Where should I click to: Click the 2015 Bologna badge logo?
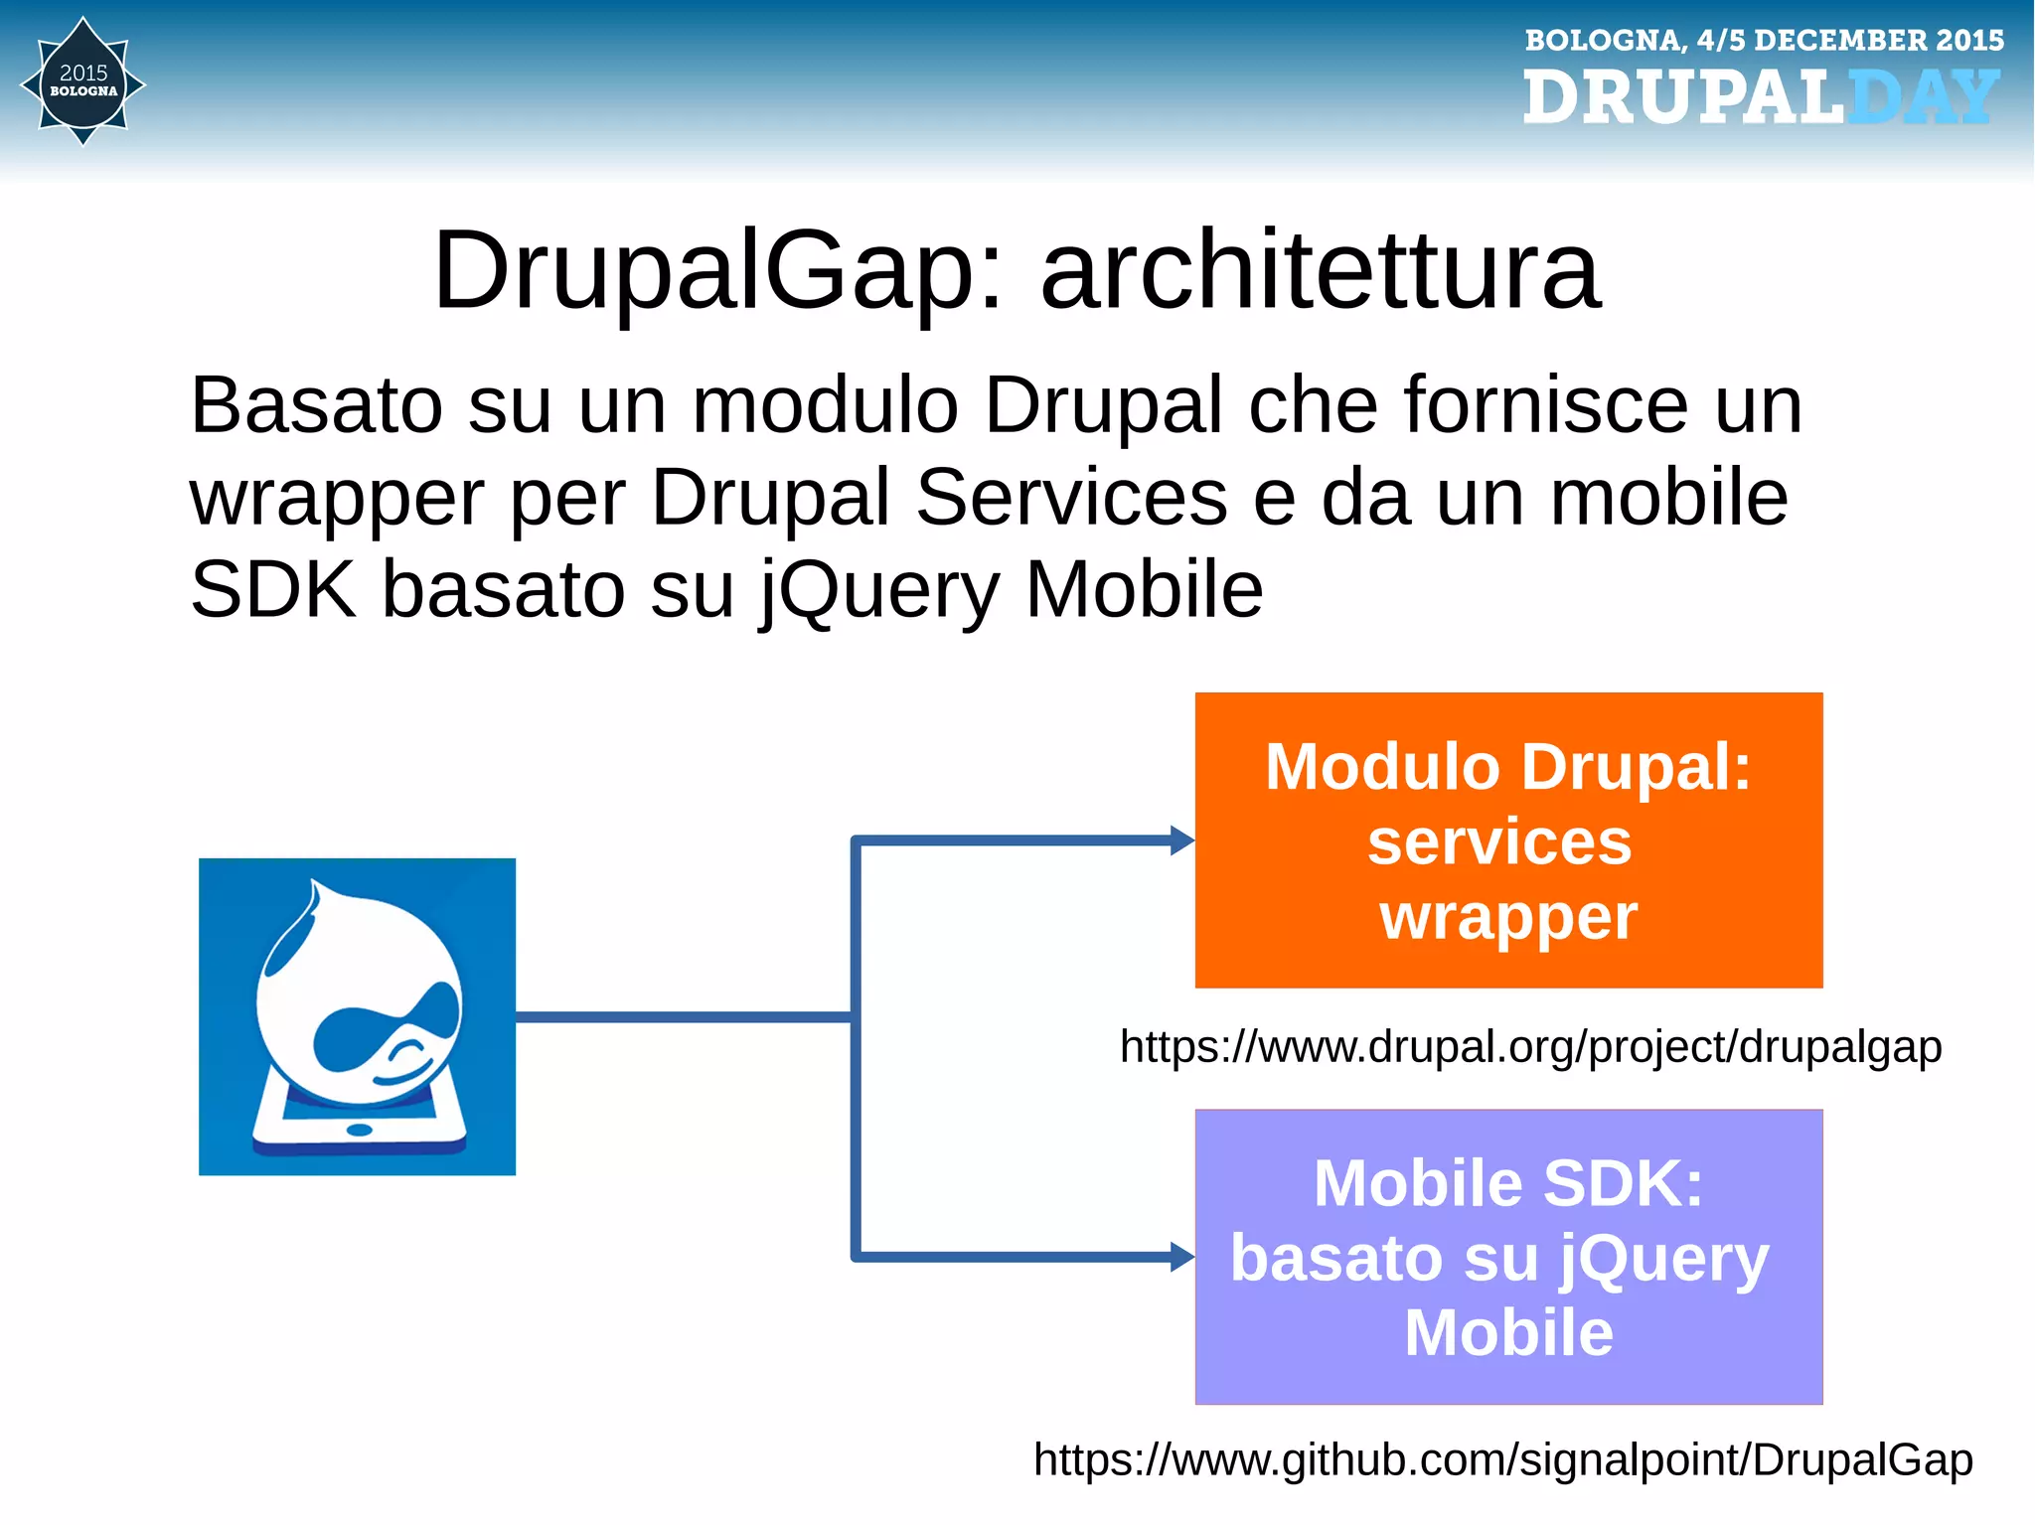click(x=83, y=82)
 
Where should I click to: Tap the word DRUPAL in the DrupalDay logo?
click(x=1682, y=98)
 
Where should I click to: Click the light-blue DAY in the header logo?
click(x=1923, y=98)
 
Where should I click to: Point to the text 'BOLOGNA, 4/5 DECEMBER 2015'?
click(x=1764, y=41)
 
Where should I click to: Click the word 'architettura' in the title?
click(x=1321, y=271)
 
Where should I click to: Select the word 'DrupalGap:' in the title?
click(x=718, y=271)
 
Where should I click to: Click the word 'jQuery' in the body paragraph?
click(x=880, y=590)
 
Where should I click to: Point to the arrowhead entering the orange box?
click(x=1181, y=840)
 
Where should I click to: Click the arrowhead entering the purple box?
click(x=1181, y=1257)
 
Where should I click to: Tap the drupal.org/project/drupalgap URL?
click(x=1530, y=1047)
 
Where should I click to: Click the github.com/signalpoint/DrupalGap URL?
click(x=1502, y=1460)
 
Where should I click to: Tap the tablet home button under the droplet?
click(x=359, y=1130)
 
